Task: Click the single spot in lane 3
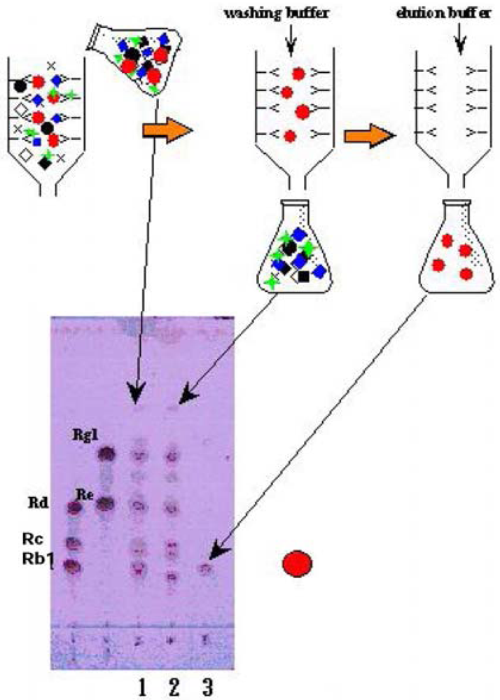click(204, 569)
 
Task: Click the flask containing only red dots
click(459, 248)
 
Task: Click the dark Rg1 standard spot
click(106, 455)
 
